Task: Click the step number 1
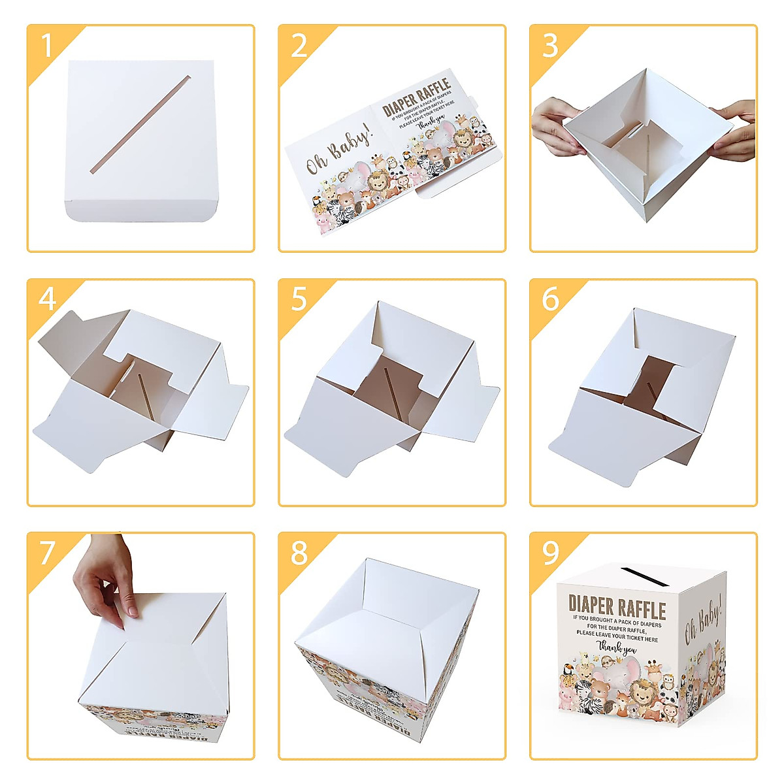pyautogui.click(x=46, y=46)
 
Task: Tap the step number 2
pyautogui.click(x=299, y=46)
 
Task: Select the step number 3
pyautogui.click(x=550, y=46)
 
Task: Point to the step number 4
pyautogui.click(x=47, y=300)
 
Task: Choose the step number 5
pyautogui.click(x=299, y=300)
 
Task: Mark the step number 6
pyautogui.click(x=550, y=300)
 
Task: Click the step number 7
pyautogui.click(x=47, y=553)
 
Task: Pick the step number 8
pyautogui.click(x=299, y=553)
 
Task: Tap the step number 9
pyautogui.click(x=550, y=553)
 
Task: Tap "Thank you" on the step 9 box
pyautogui.click(x=617, y=647)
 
